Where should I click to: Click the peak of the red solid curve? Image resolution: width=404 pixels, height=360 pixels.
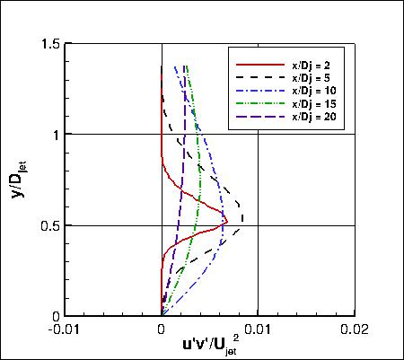pyautogui.click(x=227, y=220)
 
